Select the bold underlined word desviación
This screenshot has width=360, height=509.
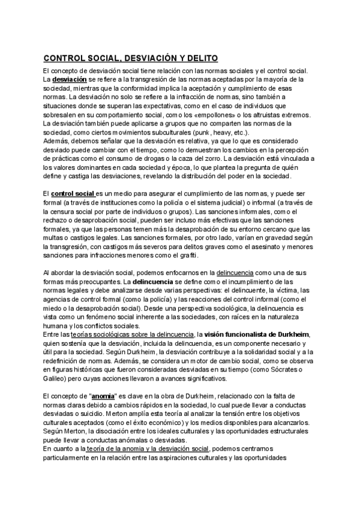70,79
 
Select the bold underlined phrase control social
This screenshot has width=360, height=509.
74,194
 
